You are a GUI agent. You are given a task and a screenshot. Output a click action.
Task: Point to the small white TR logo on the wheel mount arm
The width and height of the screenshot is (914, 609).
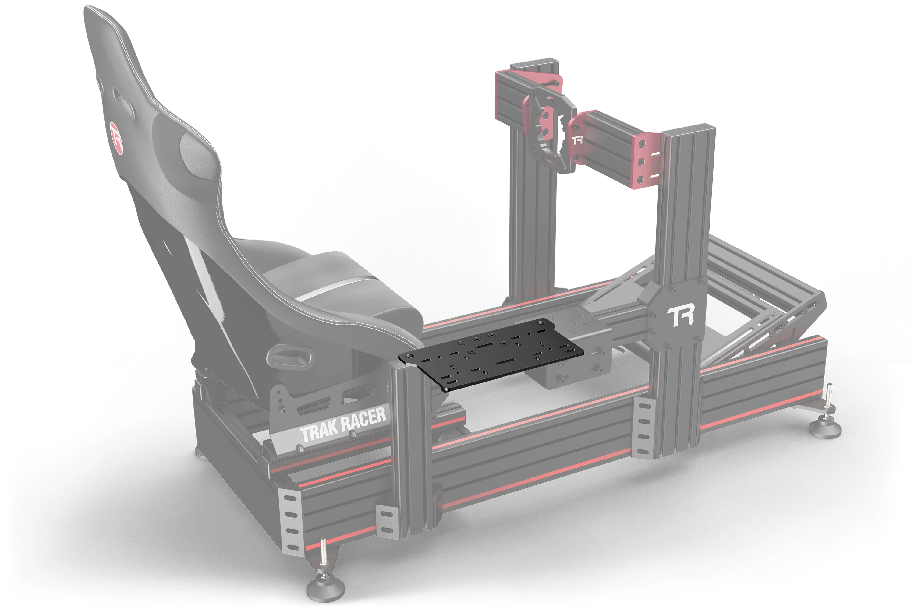577,140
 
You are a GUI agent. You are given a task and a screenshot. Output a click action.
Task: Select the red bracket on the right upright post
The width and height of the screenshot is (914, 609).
647,160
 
